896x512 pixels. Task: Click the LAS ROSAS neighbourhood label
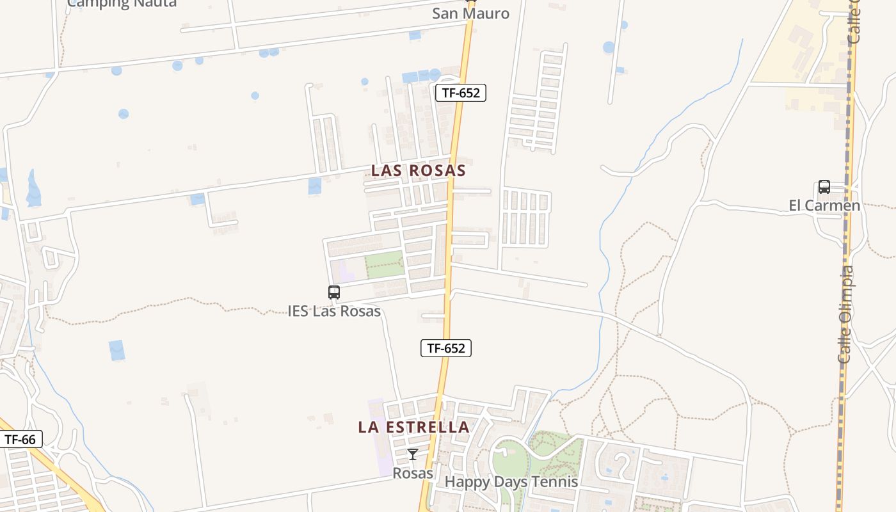419,171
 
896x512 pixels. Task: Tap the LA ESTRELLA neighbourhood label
413,427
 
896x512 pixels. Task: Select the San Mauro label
470,13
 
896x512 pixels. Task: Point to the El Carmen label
824,205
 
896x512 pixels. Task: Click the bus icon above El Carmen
824,187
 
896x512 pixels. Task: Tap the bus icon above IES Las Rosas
334,292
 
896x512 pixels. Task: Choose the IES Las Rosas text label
334,311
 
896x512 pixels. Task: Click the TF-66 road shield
20,440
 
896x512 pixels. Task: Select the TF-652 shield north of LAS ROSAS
461,93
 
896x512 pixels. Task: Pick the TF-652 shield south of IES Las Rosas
446,348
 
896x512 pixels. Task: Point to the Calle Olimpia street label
845,315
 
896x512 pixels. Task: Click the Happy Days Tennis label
511,482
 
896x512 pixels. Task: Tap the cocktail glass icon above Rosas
413,454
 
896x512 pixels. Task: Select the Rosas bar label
413,474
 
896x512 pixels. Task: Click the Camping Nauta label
122,3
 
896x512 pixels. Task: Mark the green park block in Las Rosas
384,264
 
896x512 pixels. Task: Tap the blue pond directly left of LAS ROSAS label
315,186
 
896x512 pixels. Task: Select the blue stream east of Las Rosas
602,256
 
